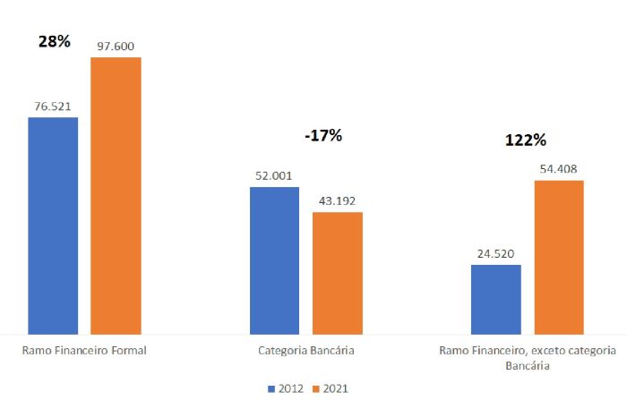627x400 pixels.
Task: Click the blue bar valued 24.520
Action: click(495, 299)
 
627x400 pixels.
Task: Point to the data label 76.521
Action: click(53, 106)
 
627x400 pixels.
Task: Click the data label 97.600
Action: click(116, 46)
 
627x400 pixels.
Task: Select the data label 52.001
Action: click(274, 175)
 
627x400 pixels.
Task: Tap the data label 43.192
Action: click(337, 200)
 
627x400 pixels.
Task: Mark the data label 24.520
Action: click(495, 253)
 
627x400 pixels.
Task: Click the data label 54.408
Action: click(558, 169)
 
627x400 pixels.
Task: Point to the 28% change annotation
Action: click(54, 41)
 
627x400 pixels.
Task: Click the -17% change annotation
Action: click(322, 136)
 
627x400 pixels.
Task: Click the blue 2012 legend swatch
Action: click(271, 388)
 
